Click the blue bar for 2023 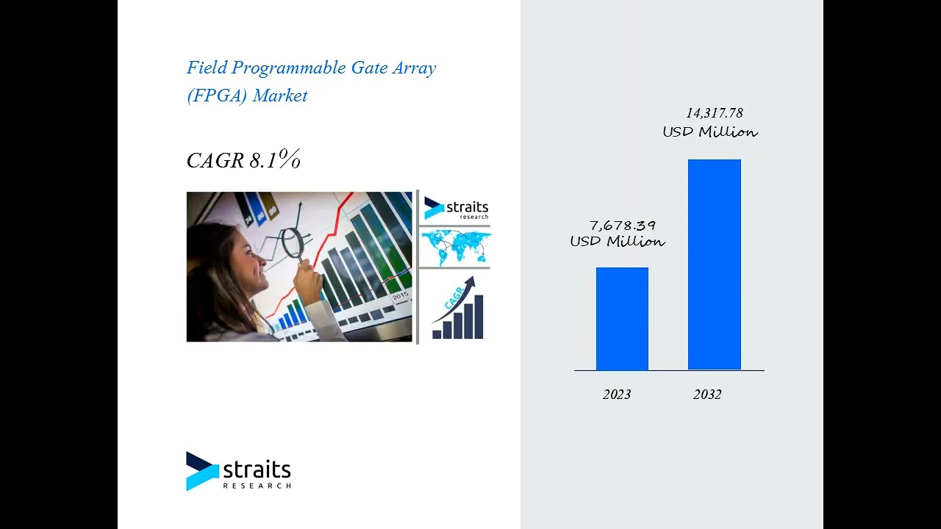[x=622, y=319]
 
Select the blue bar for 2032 [x=714, y=264]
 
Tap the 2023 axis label [x=617, y=395]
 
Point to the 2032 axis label [x=707, y=395]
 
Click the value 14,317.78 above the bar [x=714, y=113]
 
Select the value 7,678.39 [x=622, y=226]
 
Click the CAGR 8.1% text [x=243, y=160]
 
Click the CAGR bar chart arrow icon [x=457, y=309]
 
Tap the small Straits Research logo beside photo [x=456, y=209]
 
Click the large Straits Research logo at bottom [x=239, y=472]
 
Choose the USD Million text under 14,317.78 [x=709, y=132]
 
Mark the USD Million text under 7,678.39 [x=618, y=242]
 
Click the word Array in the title [x=415, y=68]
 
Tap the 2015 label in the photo [x=400, y=295]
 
